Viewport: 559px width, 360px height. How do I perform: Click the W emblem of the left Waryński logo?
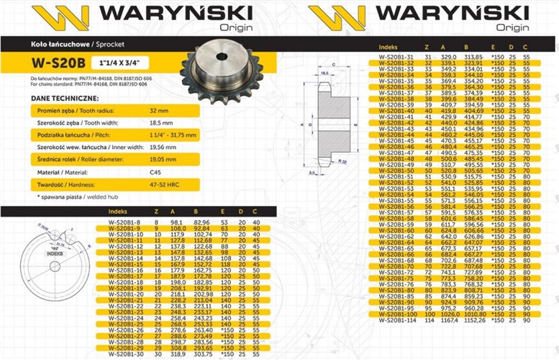54,15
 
